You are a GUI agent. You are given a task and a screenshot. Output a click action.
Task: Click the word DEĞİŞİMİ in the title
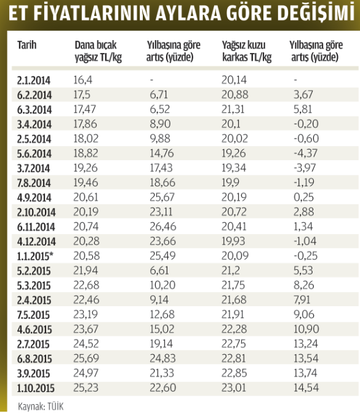coord(316,12)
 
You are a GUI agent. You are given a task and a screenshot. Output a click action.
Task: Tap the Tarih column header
coord(27,45)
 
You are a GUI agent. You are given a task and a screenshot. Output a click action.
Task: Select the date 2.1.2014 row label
coord(34,80)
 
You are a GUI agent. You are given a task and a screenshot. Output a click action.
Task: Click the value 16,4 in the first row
coord(83,79)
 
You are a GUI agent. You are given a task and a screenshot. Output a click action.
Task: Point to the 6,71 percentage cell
coord(159,94)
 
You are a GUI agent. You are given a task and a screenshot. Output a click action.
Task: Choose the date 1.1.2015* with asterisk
coord(35,256)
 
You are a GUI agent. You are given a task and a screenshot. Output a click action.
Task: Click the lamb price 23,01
coord(234,388)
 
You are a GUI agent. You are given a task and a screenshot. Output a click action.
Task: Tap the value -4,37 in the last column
coord(305,153)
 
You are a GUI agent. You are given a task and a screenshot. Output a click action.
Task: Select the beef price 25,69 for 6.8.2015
coord(86,359)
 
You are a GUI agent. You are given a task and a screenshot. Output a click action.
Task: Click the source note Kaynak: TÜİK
coord(41,407)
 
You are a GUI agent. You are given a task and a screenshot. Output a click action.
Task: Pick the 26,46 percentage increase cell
coord(162,227)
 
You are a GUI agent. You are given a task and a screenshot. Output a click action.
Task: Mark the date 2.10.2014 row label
coord(36,212)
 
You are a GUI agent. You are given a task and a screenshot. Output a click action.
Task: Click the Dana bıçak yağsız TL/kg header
coord(98,51)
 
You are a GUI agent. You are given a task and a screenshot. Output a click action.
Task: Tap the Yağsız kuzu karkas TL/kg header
coord(247,51)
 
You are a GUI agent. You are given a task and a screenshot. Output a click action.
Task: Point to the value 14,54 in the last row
coord(306,388)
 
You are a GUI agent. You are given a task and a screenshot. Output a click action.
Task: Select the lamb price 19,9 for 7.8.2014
coord(230,182)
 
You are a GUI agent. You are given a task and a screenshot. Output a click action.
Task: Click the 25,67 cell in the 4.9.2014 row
coord(162,197)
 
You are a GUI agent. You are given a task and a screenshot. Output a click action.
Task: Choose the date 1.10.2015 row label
coord(36,388)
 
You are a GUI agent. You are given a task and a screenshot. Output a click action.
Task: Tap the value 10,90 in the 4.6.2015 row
coord(306,329)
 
